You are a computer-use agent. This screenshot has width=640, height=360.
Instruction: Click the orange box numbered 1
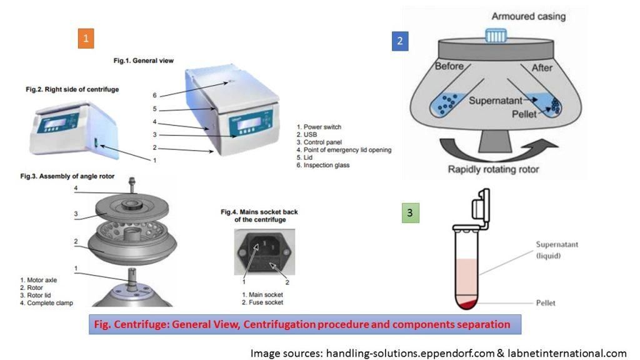tap(86, 39)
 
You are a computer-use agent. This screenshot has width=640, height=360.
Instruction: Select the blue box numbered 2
tap(400, 42)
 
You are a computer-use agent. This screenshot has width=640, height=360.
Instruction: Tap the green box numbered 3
tap(409, 213)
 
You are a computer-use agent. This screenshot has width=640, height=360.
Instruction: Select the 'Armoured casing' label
tap(528, 16)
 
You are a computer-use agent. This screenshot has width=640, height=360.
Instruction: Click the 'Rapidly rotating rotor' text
tap(494, 169)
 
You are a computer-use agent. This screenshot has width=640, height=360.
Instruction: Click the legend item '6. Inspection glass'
tap(327, 165)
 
